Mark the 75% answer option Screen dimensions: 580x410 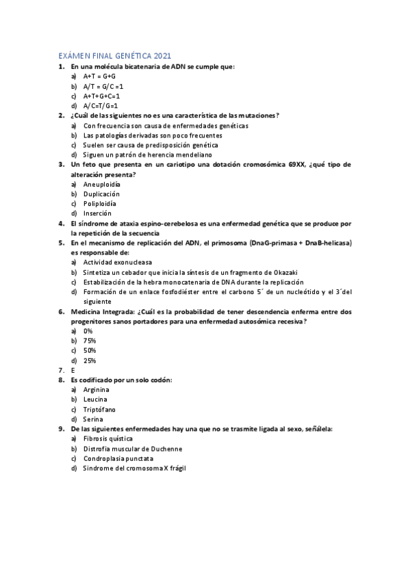[90, 340]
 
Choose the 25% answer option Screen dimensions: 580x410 [90, 360]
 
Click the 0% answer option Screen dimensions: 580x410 [88, 330]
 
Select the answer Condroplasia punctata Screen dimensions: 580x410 [118, 458]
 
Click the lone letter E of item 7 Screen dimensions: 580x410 [73, 369]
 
